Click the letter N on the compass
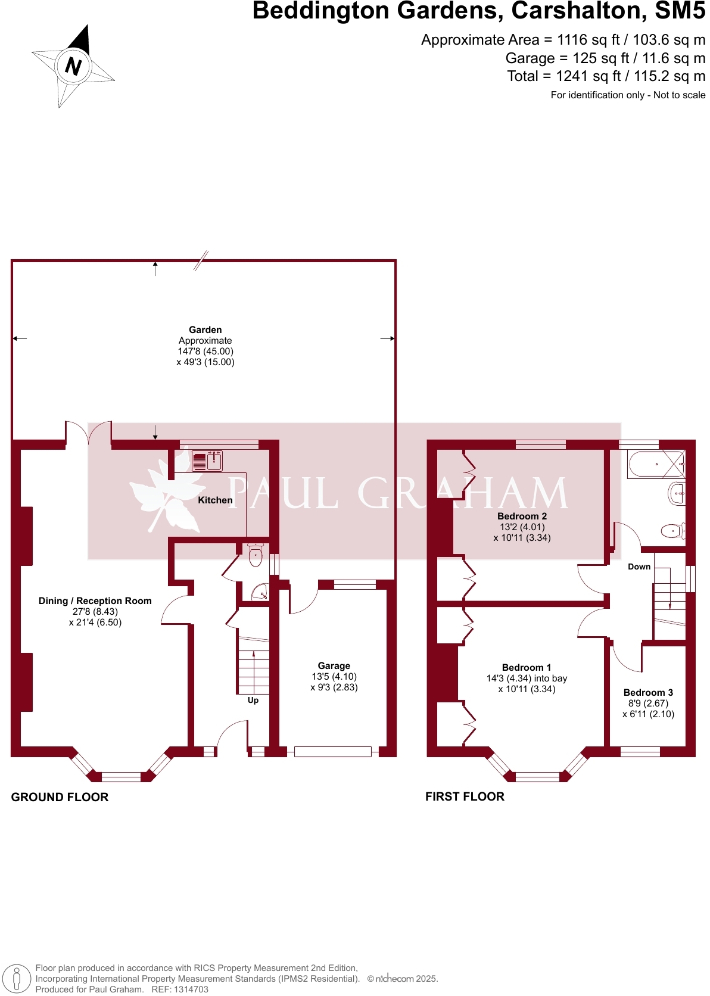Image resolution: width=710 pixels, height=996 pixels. click(73, 66)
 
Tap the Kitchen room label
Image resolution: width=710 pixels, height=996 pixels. click(215, 500)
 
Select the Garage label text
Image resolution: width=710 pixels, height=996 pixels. click(334, 666)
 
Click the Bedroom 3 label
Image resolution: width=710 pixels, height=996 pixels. click(648, 693)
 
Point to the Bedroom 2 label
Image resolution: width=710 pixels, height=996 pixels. click(522, 516)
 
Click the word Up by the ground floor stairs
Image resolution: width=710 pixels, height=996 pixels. click(253, 701)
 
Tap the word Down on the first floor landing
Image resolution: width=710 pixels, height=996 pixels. click(639, 567)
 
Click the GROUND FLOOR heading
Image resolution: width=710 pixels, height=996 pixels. click(60, 797)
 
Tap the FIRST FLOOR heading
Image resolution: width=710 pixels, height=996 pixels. click(465, 796)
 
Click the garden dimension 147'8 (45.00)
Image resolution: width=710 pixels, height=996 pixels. click(205, 351)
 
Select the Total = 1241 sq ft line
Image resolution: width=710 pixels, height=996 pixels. click(606, 76)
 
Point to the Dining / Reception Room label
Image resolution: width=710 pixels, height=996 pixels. click(95, 601)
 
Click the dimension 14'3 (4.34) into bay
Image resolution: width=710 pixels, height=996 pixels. click(527, 678)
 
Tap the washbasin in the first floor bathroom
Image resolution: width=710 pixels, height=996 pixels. click(677, 494)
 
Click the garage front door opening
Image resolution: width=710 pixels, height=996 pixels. click(332, 752)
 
